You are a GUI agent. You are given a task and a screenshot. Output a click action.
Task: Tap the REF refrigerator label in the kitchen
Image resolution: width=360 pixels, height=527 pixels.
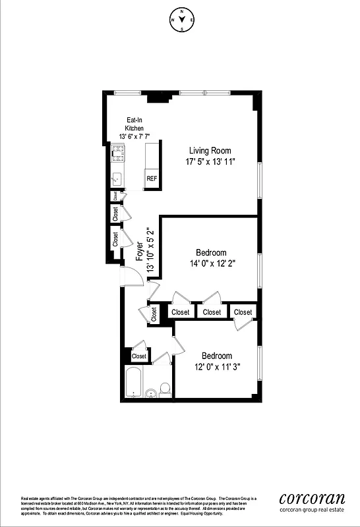pos(152,179)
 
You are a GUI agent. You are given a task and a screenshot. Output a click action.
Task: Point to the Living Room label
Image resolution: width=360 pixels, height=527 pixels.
pos(210,150)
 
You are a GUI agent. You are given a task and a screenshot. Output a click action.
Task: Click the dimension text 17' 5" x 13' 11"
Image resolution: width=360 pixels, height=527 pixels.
pos(210,161)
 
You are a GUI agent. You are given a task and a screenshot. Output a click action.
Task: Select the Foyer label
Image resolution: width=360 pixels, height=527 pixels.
pos(140,254)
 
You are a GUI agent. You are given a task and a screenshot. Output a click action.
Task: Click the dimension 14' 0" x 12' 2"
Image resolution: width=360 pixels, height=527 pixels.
pos(212,264)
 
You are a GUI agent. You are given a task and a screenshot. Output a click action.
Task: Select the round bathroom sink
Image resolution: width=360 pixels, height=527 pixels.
pos(150,394)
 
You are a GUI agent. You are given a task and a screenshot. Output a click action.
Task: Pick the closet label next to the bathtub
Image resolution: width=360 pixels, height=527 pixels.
pos(139,356)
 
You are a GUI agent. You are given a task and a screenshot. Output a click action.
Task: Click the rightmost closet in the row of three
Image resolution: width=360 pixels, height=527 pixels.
pos(243,312)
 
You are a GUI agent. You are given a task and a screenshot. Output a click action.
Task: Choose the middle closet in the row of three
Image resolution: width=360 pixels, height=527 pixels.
pos(212,312)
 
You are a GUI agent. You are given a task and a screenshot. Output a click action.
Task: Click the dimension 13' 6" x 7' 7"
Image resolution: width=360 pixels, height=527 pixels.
pos(135,136)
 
